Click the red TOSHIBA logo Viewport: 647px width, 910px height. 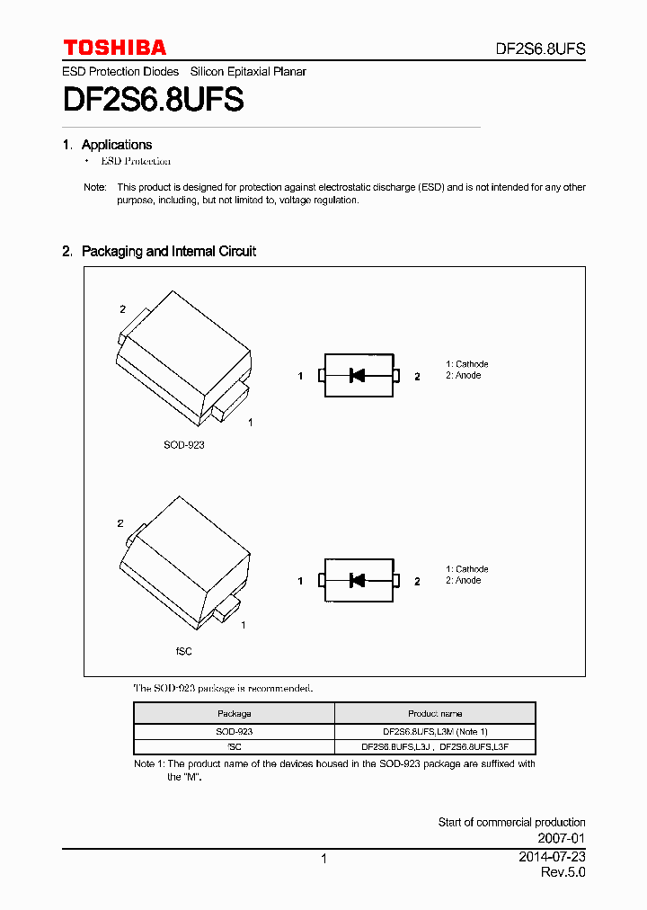(x=114, y=48)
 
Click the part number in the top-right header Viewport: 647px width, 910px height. (x=541, y=49)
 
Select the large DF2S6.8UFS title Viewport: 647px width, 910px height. (x=153, y=100)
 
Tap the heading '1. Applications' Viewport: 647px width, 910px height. (x=107, y=145)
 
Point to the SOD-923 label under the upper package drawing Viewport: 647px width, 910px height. (x=183, y=445)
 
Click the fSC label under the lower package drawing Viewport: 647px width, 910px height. (x=183, y=651)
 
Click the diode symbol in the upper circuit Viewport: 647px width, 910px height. (x=358, y=376)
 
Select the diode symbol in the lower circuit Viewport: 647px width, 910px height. (x=358, y=581)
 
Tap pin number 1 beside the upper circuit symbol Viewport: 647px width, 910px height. (x=301, y=377)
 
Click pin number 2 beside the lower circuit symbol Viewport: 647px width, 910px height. (x=417, y=582)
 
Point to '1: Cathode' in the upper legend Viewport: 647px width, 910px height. (x=467, y=364)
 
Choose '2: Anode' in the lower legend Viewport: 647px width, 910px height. (x=464, y=581)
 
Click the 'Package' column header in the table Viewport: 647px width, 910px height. (x=235, y=714)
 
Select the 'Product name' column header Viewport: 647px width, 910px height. (x=435, y=714)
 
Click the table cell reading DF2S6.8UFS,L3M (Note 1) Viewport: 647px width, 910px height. (x=435, y=732)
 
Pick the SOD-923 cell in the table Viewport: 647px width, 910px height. (x=235, y=732)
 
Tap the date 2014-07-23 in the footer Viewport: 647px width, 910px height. (x=552, y=857)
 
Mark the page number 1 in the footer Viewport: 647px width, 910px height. (x=323, y=859)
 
